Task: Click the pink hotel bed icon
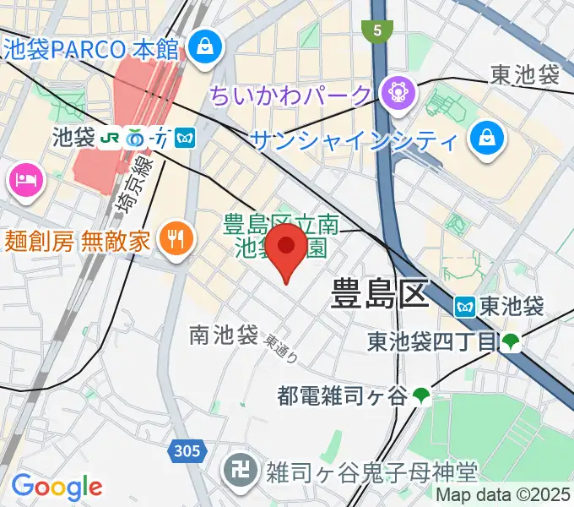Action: pyautogui.click(x=24, y=179)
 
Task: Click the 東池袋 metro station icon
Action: pyautogui.click(x=465, y=307)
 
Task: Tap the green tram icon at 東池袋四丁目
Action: pyautogui.click(x=511, y=342)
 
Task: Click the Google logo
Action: pyautogui.click(x=57, y=486)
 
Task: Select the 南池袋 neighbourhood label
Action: pyautogui.click(x=224, y=335)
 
